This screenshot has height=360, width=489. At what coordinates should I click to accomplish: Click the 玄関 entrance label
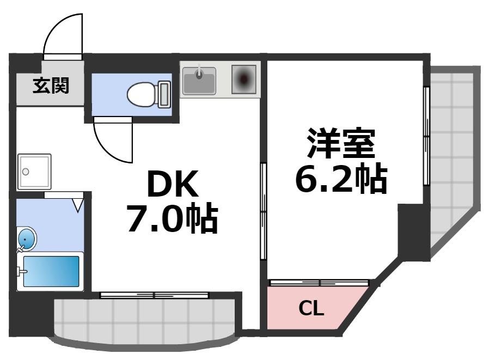click(51, 86)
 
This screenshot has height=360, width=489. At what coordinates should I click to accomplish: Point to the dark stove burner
click(243, 80)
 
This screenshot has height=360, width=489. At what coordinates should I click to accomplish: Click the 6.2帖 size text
click(341, 179)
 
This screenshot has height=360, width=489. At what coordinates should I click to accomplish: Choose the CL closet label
click(311, 309)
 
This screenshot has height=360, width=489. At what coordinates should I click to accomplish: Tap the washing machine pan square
click(34, 171)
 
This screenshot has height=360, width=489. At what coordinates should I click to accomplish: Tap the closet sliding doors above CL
click(320, 283)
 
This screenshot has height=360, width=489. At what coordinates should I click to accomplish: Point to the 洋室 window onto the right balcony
click(426, 136)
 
